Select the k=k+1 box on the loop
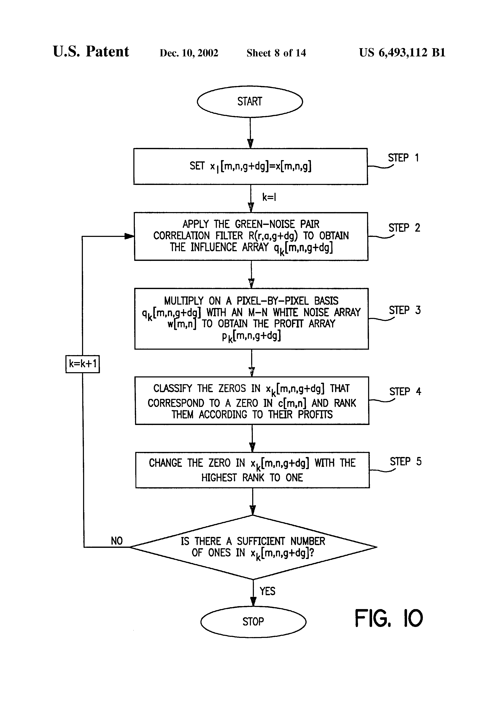(x=83, y=364)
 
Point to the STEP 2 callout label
(x=404, y=228)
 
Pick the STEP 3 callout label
(x=405, y=310)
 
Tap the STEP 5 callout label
(x=406, y=462)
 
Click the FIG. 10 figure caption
(x=389, y=618)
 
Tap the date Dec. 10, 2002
(x=189, y=53)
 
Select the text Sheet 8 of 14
(x=276, y=53)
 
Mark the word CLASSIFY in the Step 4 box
(x=173, y=388)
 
